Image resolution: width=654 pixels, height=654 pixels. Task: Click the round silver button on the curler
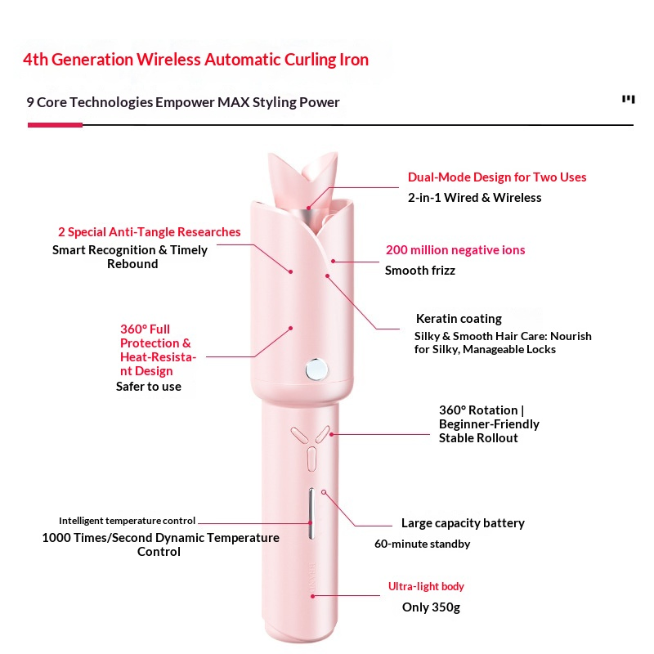pos(316,370)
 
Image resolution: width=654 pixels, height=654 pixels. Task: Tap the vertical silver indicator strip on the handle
pos(311,513)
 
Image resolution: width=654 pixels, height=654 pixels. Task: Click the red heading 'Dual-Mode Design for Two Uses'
pos(497,177)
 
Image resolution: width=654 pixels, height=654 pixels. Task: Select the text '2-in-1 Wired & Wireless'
pos(475,198)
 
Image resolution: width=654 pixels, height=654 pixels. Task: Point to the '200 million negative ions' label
pos(455,250)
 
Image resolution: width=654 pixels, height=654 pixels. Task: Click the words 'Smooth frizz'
pos(420,271)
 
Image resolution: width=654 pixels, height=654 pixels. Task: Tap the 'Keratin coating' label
pos(459,319)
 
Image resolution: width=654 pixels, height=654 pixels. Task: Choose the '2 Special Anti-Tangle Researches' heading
pos(150,232)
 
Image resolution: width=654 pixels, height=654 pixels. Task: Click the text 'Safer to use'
pos(149,387)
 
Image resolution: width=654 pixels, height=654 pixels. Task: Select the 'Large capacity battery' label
pos(463,523)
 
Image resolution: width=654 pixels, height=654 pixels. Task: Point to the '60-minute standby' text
pos(422,544)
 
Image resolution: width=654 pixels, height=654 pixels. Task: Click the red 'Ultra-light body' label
pos(426,586)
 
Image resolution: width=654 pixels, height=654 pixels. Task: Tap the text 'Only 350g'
pos(431,607)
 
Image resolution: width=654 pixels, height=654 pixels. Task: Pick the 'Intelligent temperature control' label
pos(127,521)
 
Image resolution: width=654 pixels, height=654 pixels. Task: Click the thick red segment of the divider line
pos(55,125)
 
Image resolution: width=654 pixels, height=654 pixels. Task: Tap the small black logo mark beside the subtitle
pos(629,99)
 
